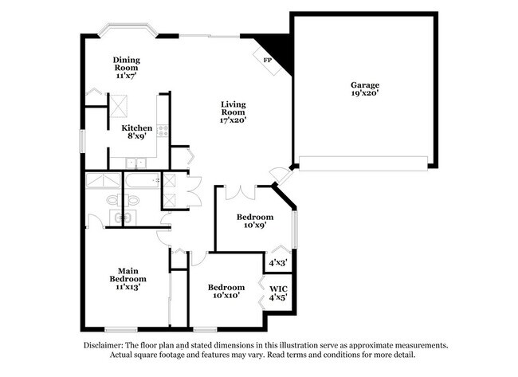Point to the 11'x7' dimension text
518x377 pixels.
click(126, 76)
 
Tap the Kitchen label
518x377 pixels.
click(137, 128)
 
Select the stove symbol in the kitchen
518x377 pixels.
click(163, 128)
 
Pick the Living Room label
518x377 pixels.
click(233, 108)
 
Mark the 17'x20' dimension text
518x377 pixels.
click(233, 121)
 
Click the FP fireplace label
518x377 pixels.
click(267, 60)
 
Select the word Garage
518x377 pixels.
click(365, 85)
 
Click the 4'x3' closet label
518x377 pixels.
click(277, 261)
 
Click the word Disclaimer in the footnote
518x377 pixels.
click(108, 345)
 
